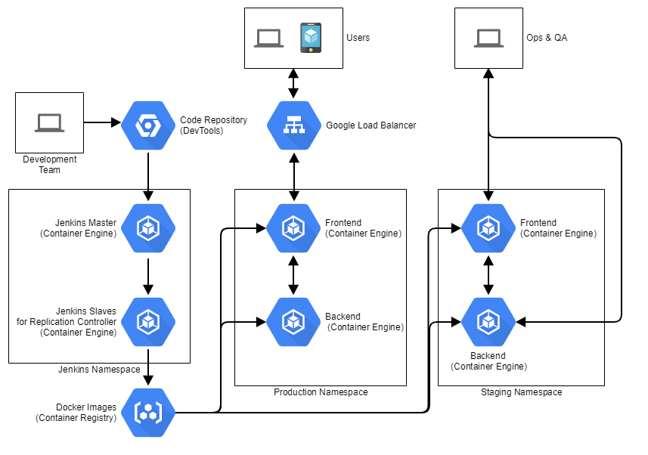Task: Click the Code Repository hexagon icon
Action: [148, 125]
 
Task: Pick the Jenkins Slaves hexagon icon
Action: [148, 321]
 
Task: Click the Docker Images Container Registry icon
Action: [148, 412]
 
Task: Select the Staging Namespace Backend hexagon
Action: [488, 321]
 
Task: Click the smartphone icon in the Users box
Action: [311, 38]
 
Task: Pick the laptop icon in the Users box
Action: [268, 39]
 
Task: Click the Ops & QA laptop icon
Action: [488, 38]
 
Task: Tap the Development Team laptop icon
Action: [50, 122]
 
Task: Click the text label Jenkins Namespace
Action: [99, 370]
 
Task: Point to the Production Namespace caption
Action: [321, 392]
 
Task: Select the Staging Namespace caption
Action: [522, 392]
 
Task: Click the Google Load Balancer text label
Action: [371, 125]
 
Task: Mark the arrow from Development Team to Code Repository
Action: [102, 122]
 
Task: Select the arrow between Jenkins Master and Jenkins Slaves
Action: [148, 275]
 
